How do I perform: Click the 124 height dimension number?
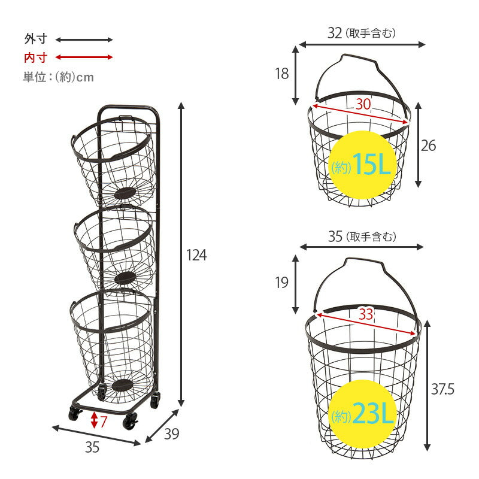tap(196, 255)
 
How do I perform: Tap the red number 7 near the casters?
tap(104, 422)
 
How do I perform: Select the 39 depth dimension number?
tap(171, 433)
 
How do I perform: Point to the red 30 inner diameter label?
tap(363, 104)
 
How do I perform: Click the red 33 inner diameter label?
tap(366, 314)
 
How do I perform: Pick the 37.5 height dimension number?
tap(442, 389)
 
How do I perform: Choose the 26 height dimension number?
tap(428, 145)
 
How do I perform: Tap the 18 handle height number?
tap(281, 74)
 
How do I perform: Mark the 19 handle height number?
tap(281, 283)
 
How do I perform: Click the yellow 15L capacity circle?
tap(363, 165)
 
